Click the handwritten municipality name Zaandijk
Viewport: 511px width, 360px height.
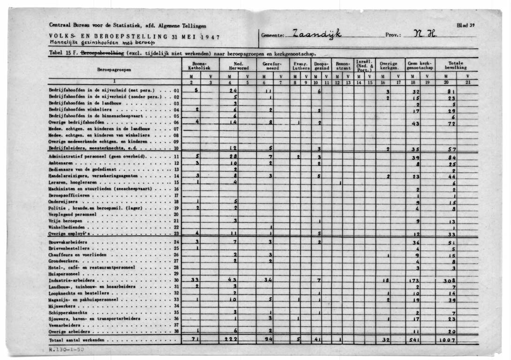tap(317, 33)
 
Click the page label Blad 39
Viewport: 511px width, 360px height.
tap(466, 24)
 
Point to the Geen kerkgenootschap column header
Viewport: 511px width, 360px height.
tap(421, 66)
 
